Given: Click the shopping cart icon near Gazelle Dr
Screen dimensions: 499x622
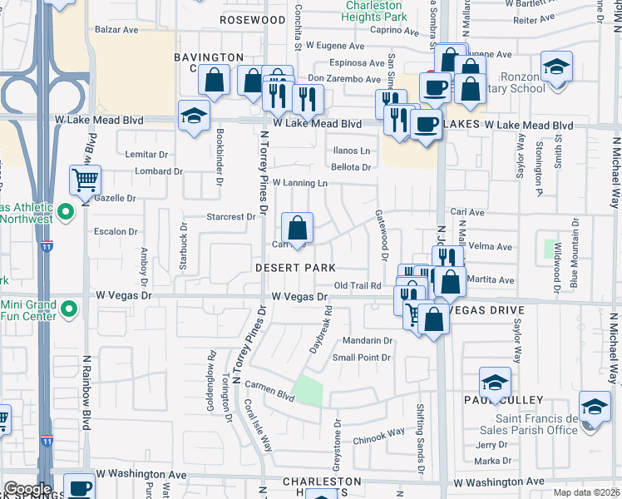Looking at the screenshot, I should [x=85, y=179].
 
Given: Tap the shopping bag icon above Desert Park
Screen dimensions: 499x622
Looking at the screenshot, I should [x=297, y=227].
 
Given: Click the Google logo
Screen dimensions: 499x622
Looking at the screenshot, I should [x=27, y=489].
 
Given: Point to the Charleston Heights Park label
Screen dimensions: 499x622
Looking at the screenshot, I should [x=377, y=10].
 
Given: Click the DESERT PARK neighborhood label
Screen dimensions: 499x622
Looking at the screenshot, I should [x=295, y=268].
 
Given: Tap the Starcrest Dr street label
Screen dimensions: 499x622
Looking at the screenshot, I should [x=231, y=217].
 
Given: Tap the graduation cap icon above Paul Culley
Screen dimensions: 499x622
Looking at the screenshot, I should [x=495, y=382].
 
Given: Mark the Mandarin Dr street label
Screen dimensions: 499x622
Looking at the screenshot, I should [x=367, y=341].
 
